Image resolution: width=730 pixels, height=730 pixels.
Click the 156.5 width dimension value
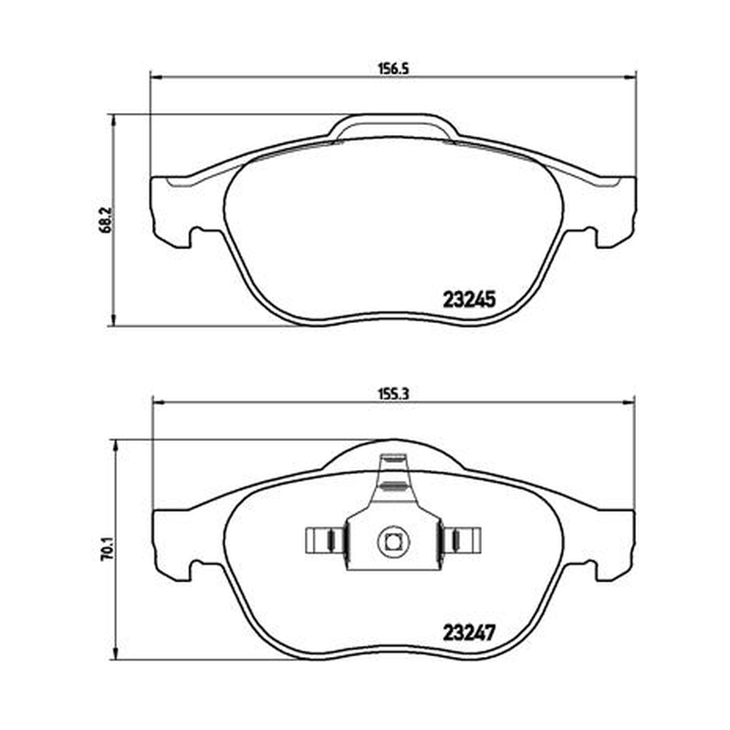[393, 69]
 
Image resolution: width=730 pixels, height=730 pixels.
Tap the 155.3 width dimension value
[393, 394]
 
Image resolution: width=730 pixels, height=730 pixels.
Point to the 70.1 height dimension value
[106, 549]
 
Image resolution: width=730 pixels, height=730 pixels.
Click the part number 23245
[469, 299]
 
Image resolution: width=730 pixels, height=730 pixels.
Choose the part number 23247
[468, 632]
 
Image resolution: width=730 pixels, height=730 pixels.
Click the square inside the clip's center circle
[393, 541]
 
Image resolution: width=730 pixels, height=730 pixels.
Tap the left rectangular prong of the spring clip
[324, 540]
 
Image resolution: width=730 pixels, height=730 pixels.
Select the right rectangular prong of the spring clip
[462, 540]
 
